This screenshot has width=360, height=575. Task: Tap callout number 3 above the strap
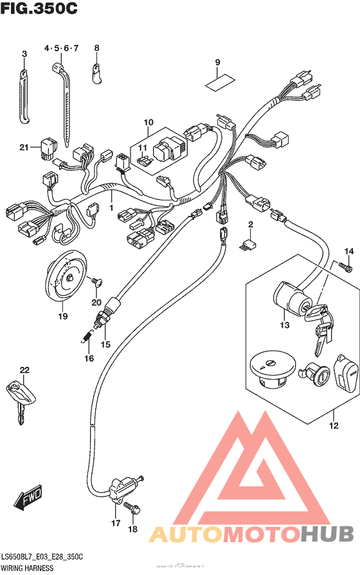[24, 55]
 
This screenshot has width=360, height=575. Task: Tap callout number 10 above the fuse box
[148, 122]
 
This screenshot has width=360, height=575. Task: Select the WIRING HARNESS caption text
[27, 569]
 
